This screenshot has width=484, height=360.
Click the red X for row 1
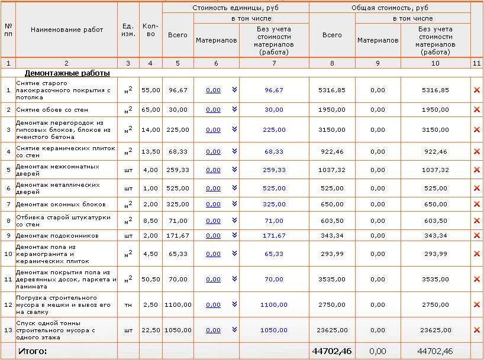pyautogui.click(x=477, y=90)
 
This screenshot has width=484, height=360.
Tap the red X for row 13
pyautogui.click(x=477, y=330)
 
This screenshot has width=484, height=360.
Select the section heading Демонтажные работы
pyautogui.click(x=67, y=73)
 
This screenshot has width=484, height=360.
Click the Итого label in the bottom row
pyautogui.click(x=33, y=351)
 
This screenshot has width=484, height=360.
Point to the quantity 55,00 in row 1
pyautogui.click(x=151, y=90)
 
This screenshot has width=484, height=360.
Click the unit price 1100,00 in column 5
pyautogui.click(x=178, y=304)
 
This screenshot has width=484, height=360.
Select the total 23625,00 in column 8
pyautogui.click(x=332, y=330)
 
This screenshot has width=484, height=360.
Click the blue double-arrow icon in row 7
pyautogui.click(x=234, y=204)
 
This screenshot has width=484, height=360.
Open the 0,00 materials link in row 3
pyautogui.click(x=213, y=129)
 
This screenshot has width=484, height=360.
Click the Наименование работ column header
pyautogui.click(x=67, y=30)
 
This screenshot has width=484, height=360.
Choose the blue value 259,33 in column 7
pyautogui.click(x=274, y=170)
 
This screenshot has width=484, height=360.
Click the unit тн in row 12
pyautogui.click(x=128, y=304)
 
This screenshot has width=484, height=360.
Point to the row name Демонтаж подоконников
pyautogui.click(x=57, y=235)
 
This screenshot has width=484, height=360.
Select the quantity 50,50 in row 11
pyautogui.click(x=151, y=279)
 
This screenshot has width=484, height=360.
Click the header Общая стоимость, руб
pyautogui.click(x=389, y=8)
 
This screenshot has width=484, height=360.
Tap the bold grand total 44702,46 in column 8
pyautogui.click(x=332, y=351)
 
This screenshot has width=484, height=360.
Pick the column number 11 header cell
pyautogui.click(x=477, y=63)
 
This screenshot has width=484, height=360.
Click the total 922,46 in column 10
pyautogui.click(x=435, y=151)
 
